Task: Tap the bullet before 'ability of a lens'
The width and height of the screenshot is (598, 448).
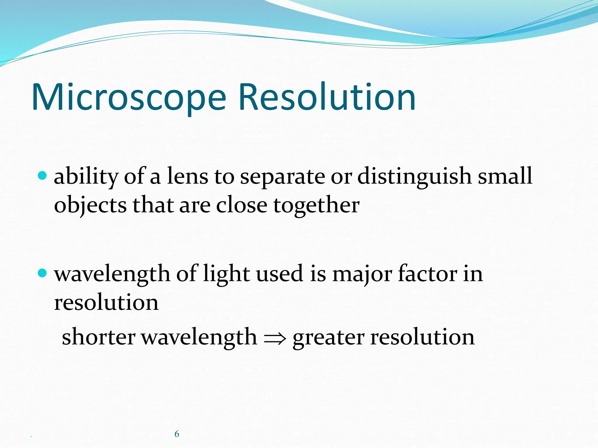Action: (42, 176)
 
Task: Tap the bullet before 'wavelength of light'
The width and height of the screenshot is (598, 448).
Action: (42, 273)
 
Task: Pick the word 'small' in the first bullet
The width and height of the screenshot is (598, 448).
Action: (505, 176)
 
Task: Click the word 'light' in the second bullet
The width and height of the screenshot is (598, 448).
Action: (226, 274)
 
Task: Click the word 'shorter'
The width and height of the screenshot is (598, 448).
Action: (98, 337)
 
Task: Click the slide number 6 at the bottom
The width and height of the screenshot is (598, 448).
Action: (177, 434)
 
